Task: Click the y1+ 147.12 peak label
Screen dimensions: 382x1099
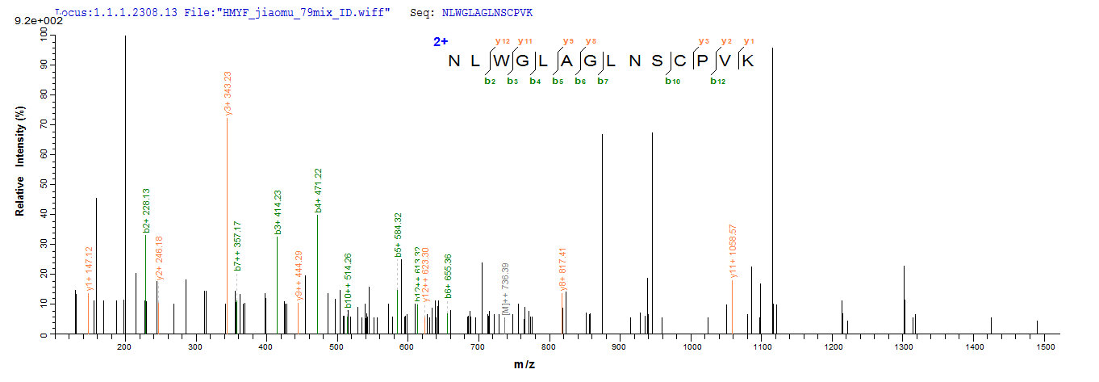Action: coord(90,264)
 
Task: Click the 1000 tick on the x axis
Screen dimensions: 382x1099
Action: coord(691,346)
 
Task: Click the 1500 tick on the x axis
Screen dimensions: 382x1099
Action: coord(1046,346)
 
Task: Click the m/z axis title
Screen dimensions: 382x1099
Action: coord(524,366)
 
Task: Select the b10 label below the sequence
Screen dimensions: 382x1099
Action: coord(671,80)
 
